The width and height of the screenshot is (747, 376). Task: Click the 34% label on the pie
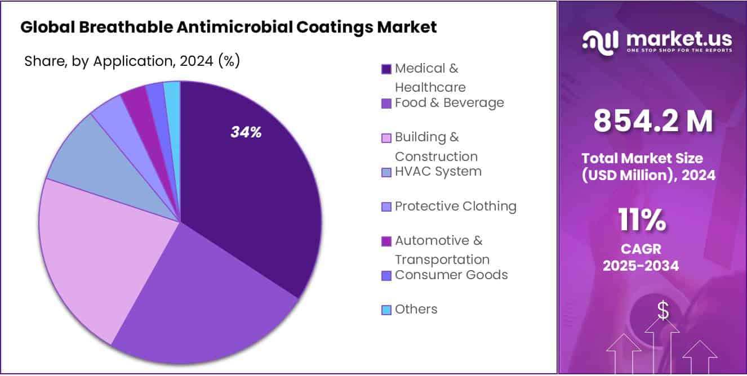(246, 132)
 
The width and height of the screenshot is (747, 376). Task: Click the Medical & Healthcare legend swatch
(386, 69)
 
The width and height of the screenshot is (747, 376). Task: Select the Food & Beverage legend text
(449, 103)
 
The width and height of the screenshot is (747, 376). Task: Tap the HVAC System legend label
(438, 172)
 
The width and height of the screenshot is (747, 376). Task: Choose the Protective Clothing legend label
(455, 206)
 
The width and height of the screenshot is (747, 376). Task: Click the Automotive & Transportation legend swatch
(386, 241)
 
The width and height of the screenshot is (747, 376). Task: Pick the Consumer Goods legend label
(451, 275)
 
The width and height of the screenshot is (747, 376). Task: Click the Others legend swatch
(386, 310)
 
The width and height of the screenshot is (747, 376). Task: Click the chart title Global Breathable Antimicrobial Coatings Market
(228, 27)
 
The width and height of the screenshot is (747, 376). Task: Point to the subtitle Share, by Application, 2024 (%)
(132, 61)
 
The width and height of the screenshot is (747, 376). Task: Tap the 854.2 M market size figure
(653, 120)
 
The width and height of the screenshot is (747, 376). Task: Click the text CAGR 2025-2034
(641, 257)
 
